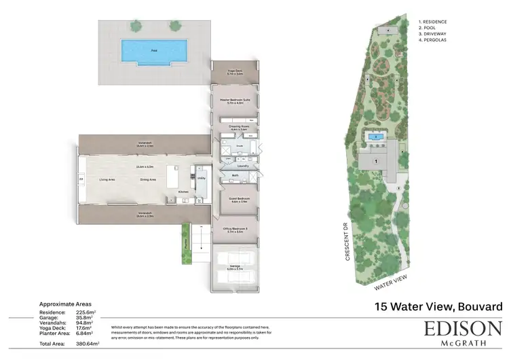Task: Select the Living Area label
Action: click(107, 179)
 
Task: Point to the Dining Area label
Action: click(148, 179)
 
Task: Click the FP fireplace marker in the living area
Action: click(82, 179)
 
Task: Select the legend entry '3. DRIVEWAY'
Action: click(433, 36)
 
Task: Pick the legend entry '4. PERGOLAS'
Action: click(433, 42)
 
